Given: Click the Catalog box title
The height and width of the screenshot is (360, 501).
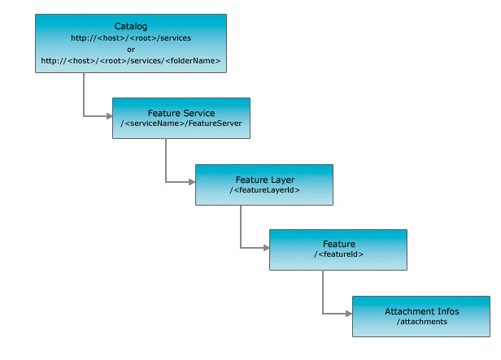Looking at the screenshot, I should (131, 26).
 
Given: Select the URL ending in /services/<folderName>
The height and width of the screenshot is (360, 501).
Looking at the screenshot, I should (131, 61).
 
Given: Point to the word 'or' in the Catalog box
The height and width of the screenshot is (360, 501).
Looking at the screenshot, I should (131, 49).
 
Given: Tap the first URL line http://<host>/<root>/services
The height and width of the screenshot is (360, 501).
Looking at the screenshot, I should (131, 37).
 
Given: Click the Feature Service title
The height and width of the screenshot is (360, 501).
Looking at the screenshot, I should (181, 112).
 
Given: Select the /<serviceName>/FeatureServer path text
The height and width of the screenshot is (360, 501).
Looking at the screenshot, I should (181, 123).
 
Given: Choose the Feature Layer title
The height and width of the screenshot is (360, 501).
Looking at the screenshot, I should (264, 179).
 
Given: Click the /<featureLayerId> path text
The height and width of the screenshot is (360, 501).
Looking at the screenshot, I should (264, 189).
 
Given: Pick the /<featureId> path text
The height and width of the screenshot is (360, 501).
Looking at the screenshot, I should (338, 254).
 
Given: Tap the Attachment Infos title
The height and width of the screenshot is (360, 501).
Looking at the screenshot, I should (421, 311).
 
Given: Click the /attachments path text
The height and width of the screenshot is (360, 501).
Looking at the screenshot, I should (421, 322).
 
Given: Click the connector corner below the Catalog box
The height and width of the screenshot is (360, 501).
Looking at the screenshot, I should (83, 116).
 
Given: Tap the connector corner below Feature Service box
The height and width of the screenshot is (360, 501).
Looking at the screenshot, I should (166, 182).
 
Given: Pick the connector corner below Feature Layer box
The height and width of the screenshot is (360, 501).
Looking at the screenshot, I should (240, 247).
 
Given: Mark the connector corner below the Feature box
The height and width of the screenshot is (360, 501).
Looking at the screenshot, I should (323, 313).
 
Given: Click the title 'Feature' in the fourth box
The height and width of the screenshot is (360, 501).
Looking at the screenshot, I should (338, 244).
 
